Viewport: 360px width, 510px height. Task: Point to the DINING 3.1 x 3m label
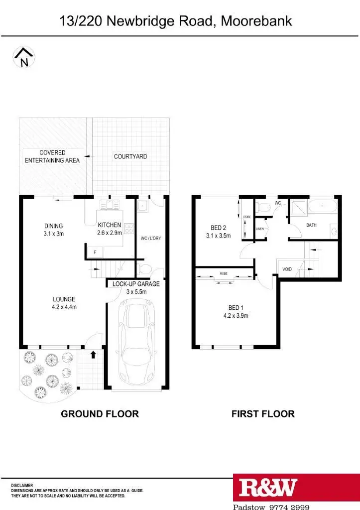pyautogui.click(x=53, y=230)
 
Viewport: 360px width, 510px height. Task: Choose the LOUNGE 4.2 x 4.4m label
pyautogui.click(x=64, y=303)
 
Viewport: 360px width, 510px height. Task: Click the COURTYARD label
pyautogui.click(x=130, y=156)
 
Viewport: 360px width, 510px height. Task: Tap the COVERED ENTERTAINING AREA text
pyautogui.click(x=52, y=156)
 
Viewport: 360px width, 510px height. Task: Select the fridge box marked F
pyautogui.click(x=95, y=253)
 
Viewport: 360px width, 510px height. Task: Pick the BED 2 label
pyautogui.click(x=219, y=232)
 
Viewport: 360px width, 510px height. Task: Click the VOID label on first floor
pyautogui.click(x=286, y=269)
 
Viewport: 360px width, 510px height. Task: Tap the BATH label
pyautogui.click(x=311, y=225)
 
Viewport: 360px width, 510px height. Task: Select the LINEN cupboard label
pyautogui.click(x=259, y=229)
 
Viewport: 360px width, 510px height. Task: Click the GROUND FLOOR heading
pyautogui.click(x=100, y=413)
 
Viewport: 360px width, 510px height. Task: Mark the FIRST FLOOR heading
pyautogui.click(x=263, y=413)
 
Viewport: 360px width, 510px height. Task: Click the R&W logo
pyautogui.click(x=268, y=488)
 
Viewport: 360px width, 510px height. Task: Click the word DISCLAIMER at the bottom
pyautogui.click(x=22, y=485)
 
